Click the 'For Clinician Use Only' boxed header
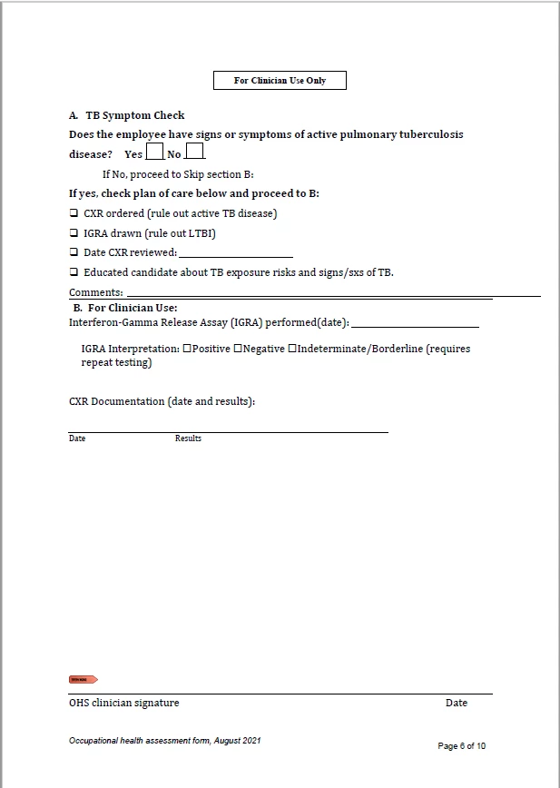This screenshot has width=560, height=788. coord(280,81)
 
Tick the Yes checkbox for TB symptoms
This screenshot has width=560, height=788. coord(155,152)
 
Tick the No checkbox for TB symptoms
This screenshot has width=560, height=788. coord(195,152)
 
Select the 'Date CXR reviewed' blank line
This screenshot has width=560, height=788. coord(235,253)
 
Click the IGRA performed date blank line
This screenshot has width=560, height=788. coord(415,323)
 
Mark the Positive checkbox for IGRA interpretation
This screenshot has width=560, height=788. coord(187,349)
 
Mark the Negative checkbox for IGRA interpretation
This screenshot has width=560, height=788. coord(238,349)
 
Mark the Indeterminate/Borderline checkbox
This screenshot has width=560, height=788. coord(292,349)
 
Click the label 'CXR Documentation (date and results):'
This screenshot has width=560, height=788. coord(162,401)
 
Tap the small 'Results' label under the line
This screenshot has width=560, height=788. coord(188,438)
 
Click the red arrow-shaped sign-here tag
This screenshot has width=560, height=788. coord(83,679)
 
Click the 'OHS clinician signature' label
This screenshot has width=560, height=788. coord(124,703)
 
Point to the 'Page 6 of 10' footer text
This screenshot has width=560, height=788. coord(462,746)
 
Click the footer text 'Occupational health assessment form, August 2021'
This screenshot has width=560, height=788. coord(165,741)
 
